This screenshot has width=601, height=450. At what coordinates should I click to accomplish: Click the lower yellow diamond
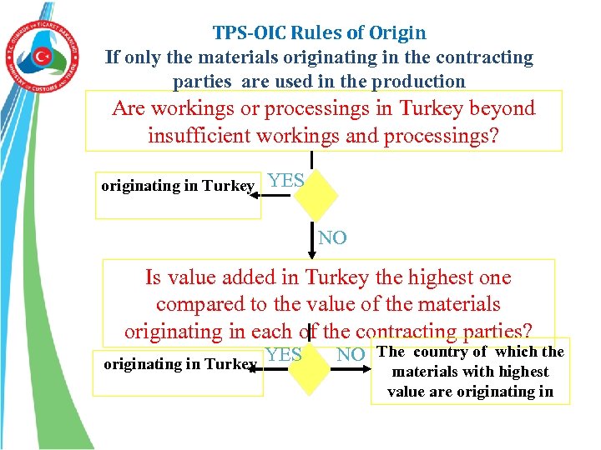coord(311,364)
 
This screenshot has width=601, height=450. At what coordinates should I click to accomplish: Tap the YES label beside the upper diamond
coord(285,181)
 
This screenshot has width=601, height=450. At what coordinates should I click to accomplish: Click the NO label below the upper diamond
coord(332,238)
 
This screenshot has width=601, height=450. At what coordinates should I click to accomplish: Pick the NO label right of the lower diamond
coord(351,355)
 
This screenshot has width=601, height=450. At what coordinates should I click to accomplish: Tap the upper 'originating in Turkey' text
coord(177,186)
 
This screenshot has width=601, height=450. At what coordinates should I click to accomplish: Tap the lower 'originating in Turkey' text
coord(179,364)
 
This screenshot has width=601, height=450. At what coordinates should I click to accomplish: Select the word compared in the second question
coord(204,304)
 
